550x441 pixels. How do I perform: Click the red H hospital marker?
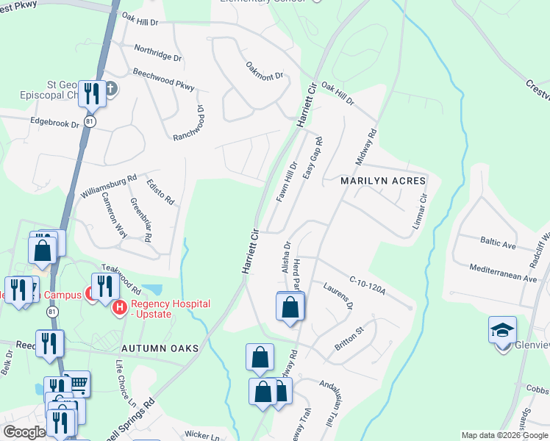point(118,306)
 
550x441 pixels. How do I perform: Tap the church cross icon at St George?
point(110,89)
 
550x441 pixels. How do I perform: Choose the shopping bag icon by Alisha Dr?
point(290,306)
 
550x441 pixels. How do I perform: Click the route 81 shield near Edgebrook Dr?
point(89,121)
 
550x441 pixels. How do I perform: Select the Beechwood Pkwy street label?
point(163,81)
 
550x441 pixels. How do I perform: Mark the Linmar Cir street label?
point(419,210)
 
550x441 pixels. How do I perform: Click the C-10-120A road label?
point(367,285)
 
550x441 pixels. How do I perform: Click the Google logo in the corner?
point(24,432)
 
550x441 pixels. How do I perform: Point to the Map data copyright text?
point(504,435)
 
